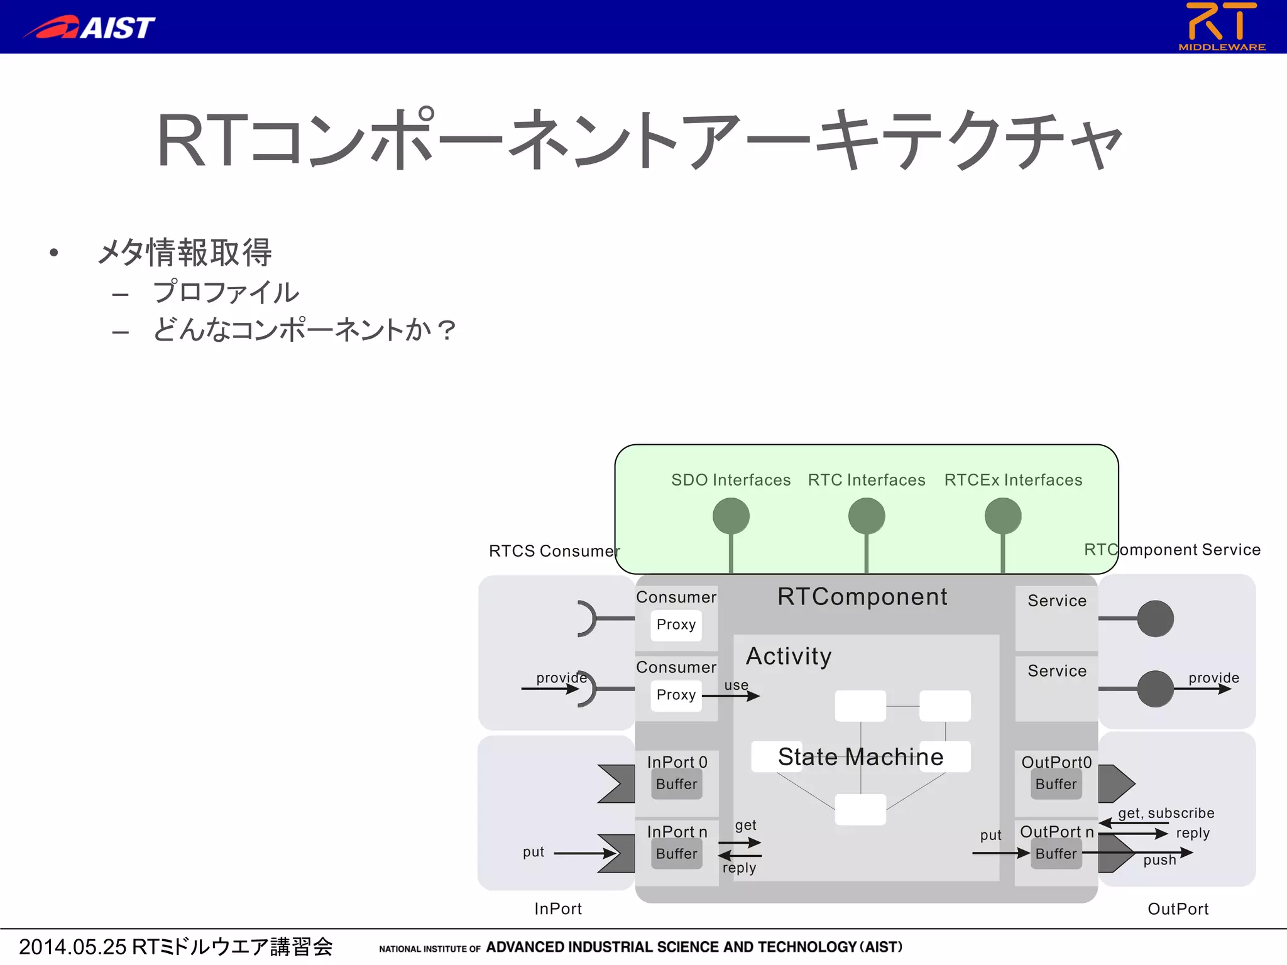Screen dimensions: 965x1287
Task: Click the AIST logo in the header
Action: click(x=89, y=27)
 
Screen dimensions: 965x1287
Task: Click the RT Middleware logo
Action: click(x=1221, y=26)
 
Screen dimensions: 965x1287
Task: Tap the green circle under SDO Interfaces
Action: click(x=731, y=516)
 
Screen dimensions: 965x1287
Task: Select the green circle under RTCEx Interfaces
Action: click(x=1002, y=516)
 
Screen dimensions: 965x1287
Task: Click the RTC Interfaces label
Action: click(x=866, y=480)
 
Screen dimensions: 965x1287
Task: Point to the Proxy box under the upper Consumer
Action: click(x=676, y=624)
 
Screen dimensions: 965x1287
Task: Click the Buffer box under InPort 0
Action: click(x=676, y=784)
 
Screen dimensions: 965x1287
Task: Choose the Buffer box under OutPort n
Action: click(x=1056, y=854)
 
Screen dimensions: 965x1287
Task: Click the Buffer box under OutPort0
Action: click(x=1056, y=784)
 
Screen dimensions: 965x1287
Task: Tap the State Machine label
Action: click(x=860, y=756)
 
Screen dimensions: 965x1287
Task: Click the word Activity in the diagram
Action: click(x=789, y=657)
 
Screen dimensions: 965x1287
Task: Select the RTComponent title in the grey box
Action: click(x=862, y=597)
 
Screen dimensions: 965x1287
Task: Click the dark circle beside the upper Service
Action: click(x=1155, y=618)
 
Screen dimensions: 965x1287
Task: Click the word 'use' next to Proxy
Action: click(x=736, y=685)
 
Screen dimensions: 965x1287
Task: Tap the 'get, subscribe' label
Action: click(x=1166, y=813)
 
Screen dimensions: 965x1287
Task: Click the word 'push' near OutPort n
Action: click(x=1159, y=860)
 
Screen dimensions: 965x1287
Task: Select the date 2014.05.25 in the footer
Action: click(x=73, y=946)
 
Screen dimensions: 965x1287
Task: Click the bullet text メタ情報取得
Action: click(x=185, y=253)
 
